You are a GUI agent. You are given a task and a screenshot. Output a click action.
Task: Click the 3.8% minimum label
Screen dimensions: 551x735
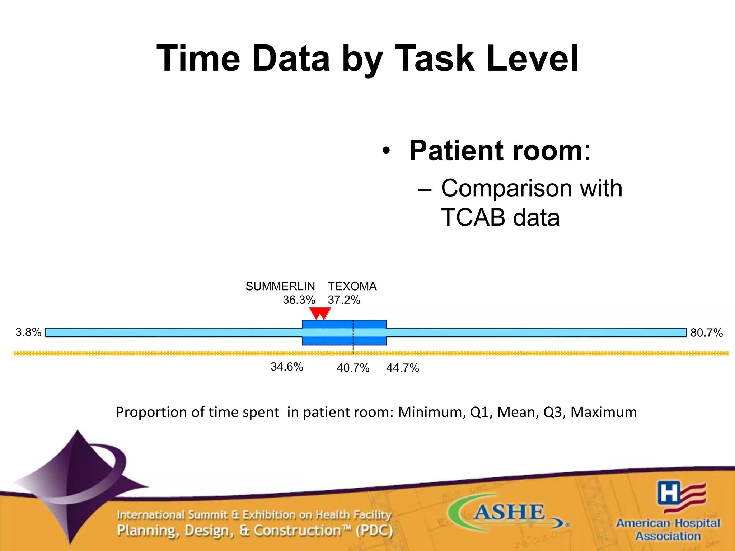[28, 332]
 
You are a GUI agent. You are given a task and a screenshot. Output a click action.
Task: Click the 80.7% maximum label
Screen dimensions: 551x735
[706, 333]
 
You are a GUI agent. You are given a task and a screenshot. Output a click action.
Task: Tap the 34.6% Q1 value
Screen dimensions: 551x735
[287, 367]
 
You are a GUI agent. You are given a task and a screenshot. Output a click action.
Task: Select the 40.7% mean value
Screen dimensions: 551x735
[353, 368]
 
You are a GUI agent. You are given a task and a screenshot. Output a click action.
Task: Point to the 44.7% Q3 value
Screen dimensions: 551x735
[403, 368]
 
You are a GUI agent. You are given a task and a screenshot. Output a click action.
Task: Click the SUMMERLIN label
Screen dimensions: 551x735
[280, 286]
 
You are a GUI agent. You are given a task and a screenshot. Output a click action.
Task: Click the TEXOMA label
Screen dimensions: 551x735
[352, 286]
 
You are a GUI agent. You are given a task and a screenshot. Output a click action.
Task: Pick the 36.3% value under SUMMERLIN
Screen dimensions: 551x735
[299, 300]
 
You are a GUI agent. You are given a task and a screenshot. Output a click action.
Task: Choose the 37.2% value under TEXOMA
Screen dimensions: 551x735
[344, 300]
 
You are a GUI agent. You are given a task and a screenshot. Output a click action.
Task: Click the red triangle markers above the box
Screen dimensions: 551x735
[320, 313]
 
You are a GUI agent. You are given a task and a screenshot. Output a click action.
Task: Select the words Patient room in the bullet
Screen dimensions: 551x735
[496, 151]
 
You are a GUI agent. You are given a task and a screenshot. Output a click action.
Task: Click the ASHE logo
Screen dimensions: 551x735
[509, 512]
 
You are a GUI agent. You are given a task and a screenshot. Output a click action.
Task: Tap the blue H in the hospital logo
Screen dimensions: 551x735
[669, 493]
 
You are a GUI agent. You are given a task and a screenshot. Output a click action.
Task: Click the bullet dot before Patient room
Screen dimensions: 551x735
[386, 151]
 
